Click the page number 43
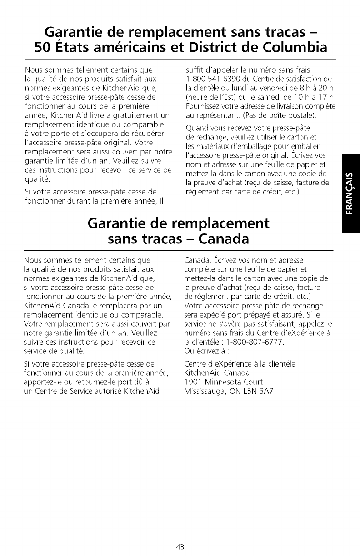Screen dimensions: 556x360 click(x=180, y=547)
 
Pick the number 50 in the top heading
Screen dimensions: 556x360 click(x=45, y=46)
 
